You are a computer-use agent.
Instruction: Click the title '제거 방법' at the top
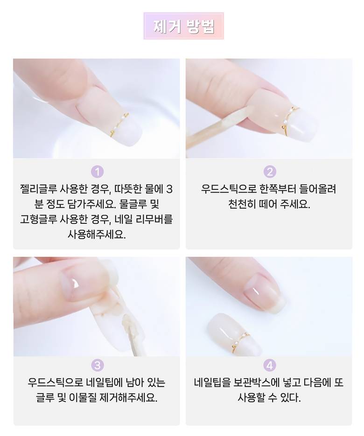[184, 26]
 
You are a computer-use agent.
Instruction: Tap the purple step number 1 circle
[97, 172]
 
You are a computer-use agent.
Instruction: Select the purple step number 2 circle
[269, 172]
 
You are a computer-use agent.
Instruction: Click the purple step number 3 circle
[97, 365]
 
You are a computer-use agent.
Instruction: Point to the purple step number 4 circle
[269, 365]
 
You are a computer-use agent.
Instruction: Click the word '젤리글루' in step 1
[38, 189]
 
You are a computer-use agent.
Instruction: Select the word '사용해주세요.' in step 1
[97, 235]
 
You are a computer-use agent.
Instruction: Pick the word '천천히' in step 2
[242, 204]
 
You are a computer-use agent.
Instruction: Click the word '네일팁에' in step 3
[105, 383]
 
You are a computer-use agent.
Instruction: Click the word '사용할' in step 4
[251, 398]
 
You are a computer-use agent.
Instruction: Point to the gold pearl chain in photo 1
[119, 125]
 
